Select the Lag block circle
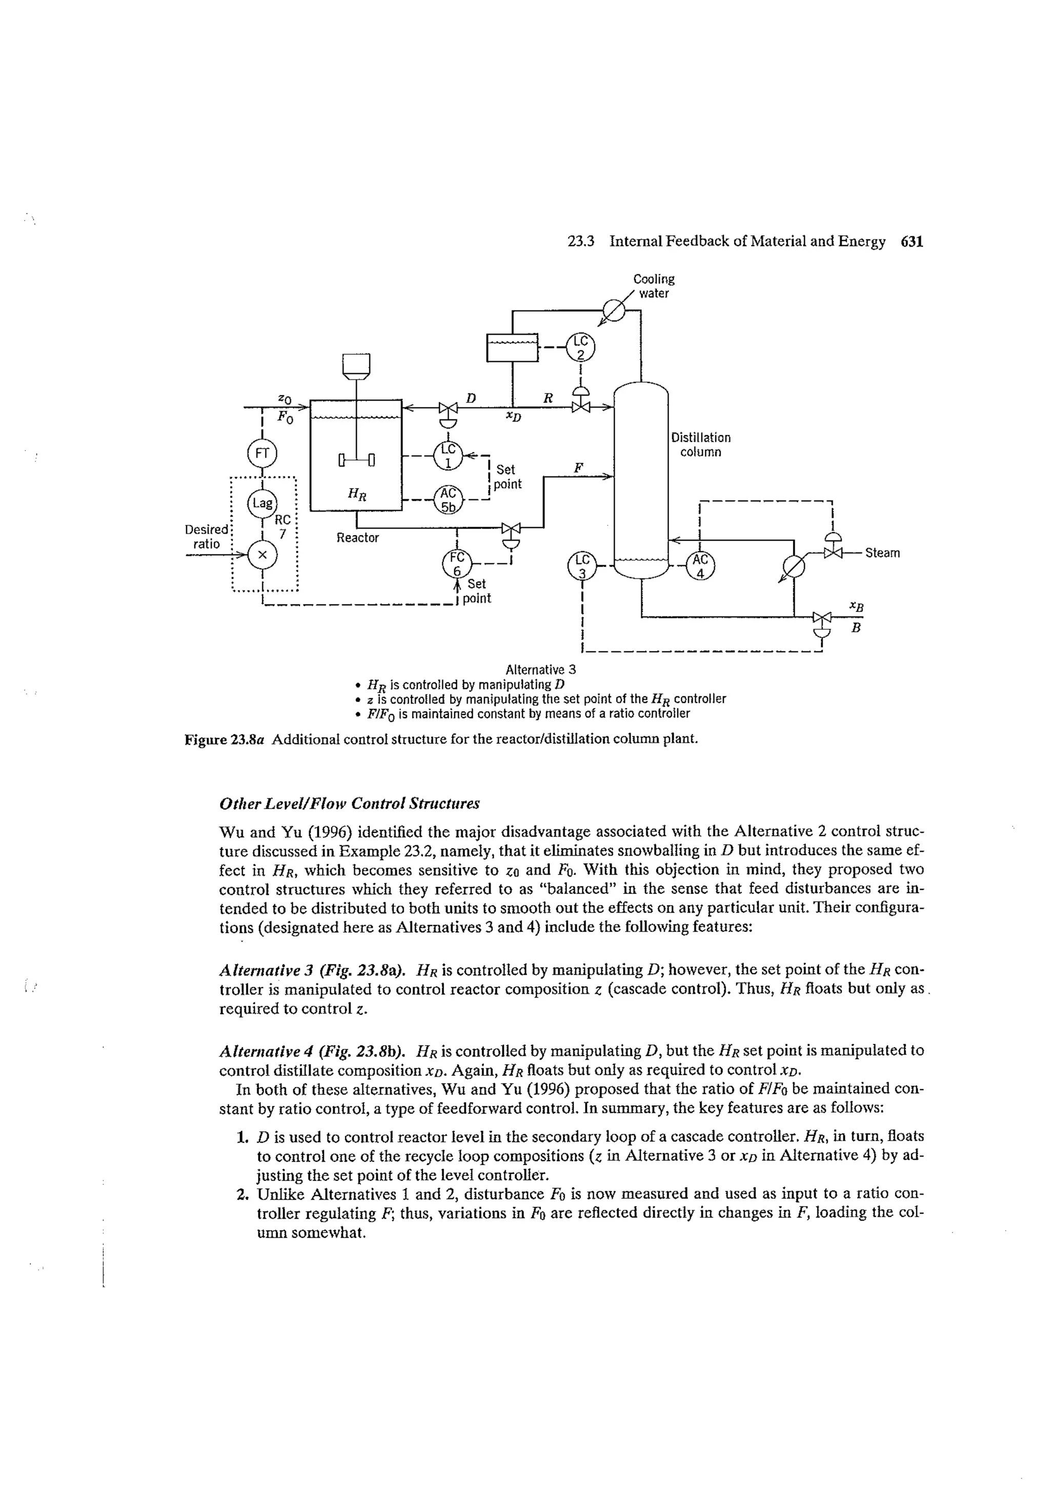[x=262, y=503]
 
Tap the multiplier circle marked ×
[x=262, y=554]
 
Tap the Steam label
[x=882, y=553]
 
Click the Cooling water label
[x=653, y=286]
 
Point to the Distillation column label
[x=701, y=444]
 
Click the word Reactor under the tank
[x=358, y=538]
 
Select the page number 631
[x=912, y=242]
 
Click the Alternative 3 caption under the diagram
[x=540, y=669]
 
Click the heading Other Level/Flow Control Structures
[x=349, y=803]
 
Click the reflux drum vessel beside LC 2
[x=512, y=348]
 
